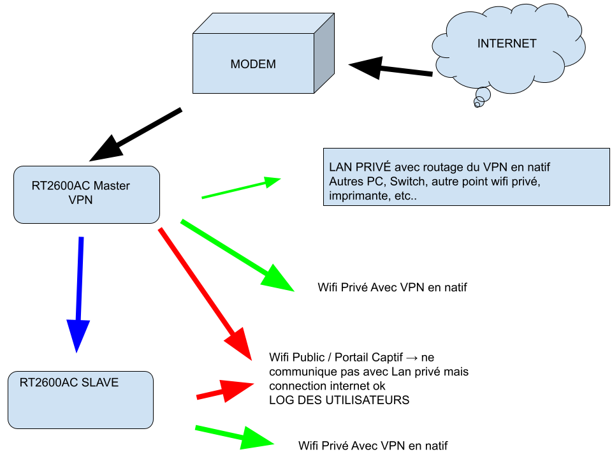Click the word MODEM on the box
[253, 64]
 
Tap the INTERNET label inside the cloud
[507, 44]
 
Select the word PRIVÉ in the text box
[368, 167]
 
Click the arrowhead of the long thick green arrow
[278, 279]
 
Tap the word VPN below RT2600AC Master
[81, 200]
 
